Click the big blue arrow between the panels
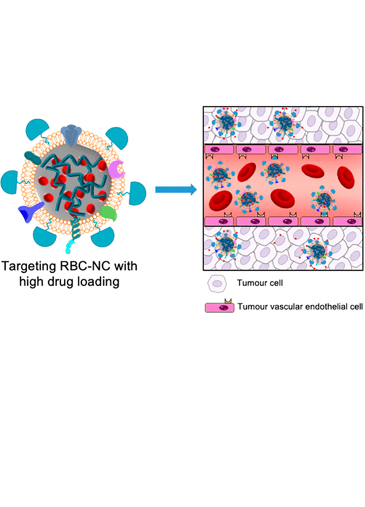tap(176, 189)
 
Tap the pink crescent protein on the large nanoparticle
tap(117, 170)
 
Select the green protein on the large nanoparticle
tap(108, 213)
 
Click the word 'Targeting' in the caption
tap(29, 266)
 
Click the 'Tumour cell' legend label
tap(260, 283)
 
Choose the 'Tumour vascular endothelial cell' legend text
tap(300, 307)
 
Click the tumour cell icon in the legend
tap(217, 284)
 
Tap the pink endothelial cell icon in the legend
tap(220, 306)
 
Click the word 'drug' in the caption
tap(58, 282)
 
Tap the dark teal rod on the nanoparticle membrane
tap(32, 158)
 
